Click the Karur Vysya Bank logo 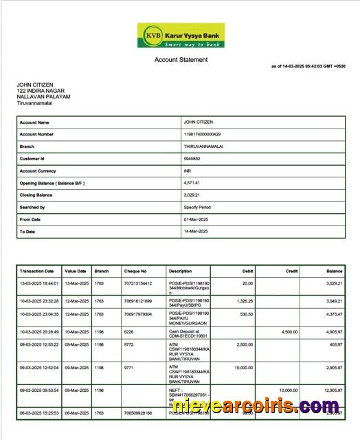181,35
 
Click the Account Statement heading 181,60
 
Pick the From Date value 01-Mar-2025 196,219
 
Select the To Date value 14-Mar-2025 196,232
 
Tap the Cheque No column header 135,271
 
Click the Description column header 181,271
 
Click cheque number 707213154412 137,283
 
